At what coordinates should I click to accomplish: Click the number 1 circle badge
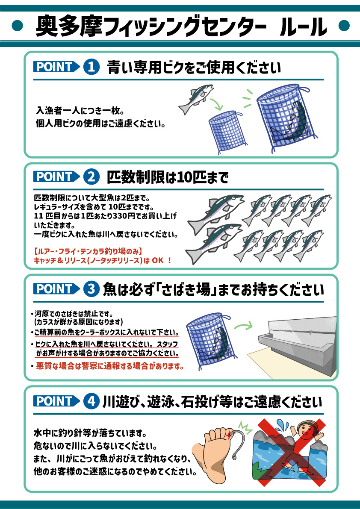point(91,67)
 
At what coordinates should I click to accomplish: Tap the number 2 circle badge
point(91,177)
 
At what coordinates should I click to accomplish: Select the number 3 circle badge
point(91,289)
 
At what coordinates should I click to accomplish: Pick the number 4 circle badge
point(91,401)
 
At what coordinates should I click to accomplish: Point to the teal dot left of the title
point(17,26)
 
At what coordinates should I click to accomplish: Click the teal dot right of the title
point(344,26)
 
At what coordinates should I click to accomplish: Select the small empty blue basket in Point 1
point(226,132)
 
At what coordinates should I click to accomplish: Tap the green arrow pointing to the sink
point(243,325)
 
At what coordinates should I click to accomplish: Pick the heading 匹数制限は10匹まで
point(168,177)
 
